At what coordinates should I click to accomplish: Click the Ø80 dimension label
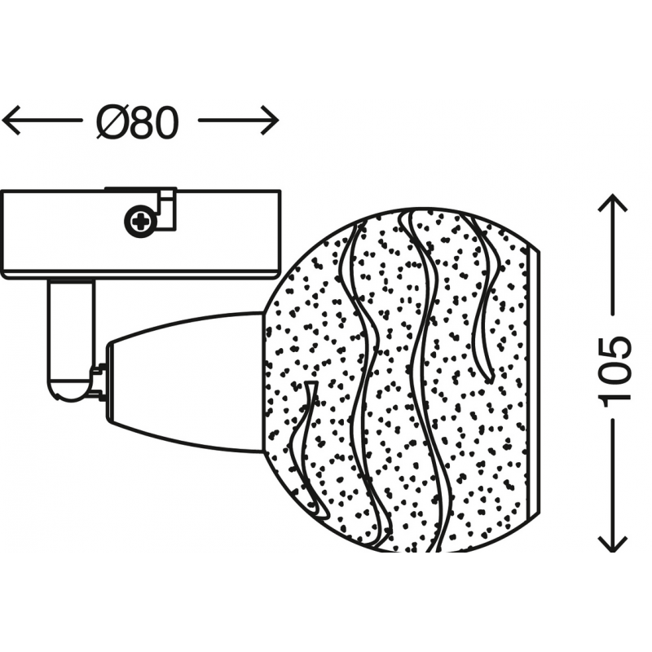coord(138,121)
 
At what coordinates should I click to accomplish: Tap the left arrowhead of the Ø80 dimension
coord(11,121)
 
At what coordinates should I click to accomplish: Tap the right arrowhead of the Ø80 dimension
coord(269,121)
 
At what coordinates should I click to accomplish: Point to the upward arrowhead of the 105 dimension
coord(612,203)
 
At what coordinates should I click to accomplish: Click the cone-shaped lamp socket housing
coord(186,381)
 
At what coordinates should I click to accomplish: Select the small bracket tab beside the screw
coord(167,209)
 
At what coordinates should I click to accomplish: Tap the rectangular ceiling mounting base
coord(140,234)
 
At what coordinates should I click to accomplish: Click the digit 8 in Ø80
coord(143,122)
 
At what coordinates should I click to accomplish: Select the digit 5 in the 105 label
coord(615,349)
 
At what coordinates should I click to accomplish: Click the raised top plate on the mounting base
coord(140,189)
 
